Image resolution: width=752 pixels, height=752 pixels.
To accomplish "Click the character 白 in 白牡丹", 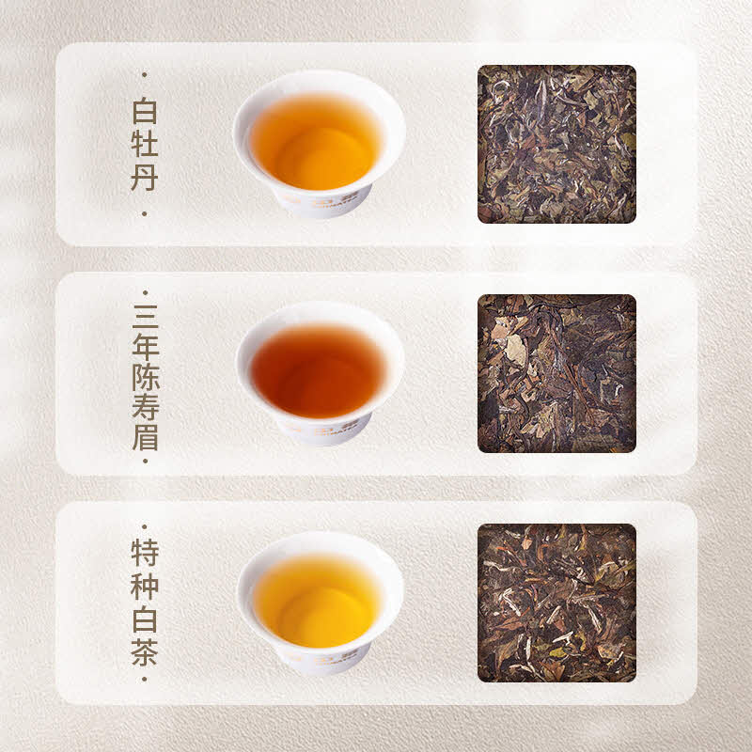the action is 145,111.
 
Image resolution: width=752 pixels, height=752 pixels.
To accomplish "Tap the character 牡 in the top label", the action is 145,144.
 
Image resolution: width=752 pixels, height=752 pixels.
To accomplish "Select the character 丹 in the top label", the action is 145,177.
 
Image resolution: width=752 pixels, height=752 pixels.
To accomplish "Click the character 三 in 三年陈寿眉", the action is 146,317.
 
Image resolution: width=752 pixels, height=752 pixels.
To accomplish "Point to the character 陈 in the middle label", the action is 146,377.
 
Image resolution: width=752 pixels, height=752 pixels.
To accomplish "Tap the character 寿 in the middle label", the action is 146,407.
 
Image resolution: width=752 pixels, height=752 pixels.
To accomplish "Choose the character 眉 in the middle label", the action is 146,437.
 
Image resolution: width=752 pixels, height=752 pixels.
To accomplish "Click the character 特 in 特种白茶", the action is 145,553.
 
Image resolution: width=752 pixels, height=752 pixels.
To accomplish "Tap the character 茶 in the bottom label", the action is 145,652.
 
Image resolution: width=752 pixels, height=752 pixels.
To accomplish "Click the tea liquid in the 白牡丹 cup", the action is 316,142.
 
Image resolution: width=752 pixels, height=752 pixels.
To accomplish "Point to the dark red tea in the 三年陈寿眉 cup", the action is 318,371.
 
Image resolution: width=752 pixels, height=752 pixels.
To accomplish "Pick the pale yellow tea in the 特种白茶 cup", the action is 317,601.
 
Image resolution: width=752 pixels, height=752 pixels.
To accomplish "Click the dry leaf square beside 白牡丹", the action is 556,144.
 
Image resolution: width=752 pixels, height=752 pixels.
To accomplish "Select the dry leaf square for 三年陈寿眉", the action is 556,373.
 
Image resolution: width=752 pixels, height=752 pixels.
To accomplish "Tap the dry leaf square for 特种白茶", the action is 556,603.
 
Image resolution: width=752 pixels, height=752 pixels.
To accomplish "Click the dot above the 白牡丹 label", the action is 145,75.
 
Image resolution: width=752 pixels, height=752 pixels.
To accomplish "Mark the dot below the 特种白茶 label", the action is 145,679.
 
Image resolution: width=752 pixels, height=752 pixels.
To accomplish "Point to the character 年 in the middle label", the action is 146,347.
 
